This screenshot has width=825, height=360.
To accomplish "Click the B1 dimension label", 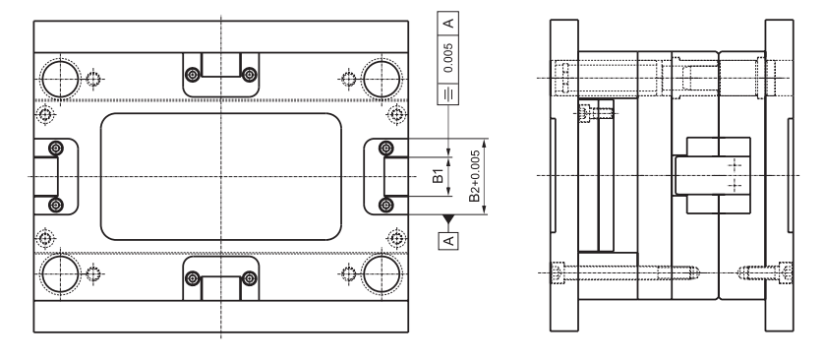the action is pyautogui.click(x=438, y=176).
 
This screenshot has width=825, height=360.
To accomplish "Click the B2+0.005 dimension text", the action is pyautogui.click(x=475, y=176).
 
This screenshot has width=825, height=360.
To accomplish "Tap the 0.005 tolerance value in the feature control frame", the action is pyautogui.click(x=448, y=58).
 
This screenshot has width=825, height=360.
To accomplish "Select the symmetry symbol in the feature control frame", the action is pyautogui.click(x=448, y=93).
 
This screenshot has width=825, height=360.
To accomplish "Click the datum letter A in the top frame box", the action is pyautogui.click(x=448, y=24).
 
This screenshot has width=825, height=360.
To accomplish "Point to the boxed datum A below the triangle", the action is pyautogui.click(x=448, y=240).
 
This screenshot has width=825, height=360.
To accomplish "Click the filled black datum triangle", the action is pyautogui.click(x=448, y=219).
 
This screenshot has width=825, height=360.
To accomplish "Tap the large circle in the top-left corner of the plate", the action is pyautogui.click(x=61, y=79).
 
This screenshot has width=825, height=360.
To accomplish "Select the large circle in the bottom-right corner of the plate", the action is pyautogui.click(x=382, y=273).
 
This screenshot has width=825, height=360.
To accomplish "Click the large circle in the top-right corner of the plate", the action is pyautogui.click(x=382, y=79).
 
